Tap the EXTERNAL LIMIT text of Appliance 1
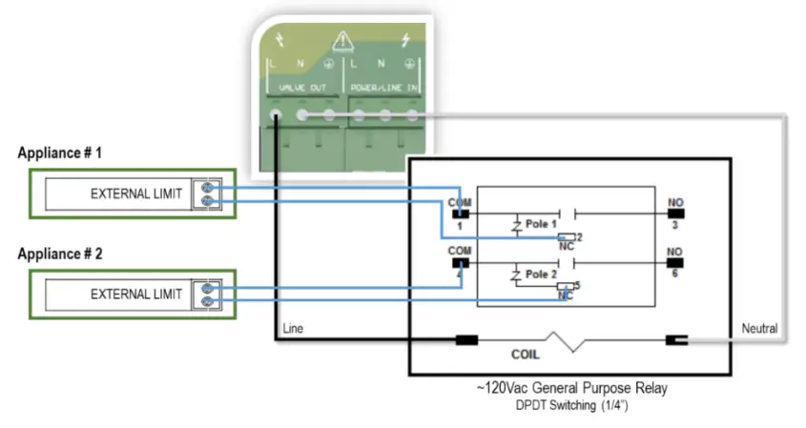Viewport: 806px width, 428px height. click(135, 194)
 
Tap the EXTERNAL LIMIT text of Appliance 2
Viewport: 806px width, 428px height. click(135, 295)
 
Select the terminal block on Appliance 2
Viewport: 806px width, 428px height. click(208, 295)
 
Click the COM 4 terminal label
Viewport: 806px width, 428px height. click(459, 257)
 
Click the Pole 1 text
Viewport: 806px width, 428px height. click(542, 223)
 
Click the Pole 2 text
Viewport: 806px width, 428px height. click(542, 274)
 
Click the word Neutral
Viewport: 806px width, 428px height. click(759, 329)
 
